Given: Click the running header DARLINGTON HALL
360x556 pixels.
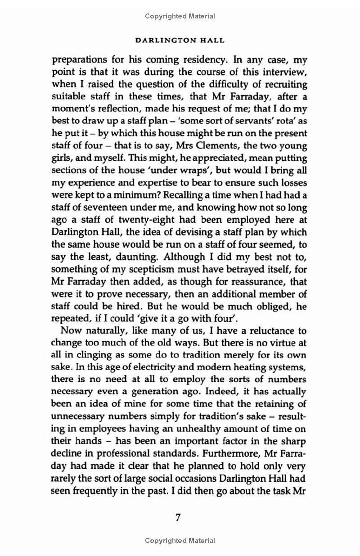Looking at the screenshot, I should (180, 40).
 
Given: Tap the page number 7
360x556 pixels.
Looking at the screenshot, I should (178, 517).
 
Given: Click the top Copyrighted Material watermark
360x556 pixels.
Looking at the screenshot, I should (180, 16).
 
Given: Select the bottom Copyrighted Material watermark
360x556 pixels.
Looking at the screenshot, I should (180, 540).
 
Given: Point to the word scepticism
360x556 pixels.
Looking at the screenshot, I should (132, 270).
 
